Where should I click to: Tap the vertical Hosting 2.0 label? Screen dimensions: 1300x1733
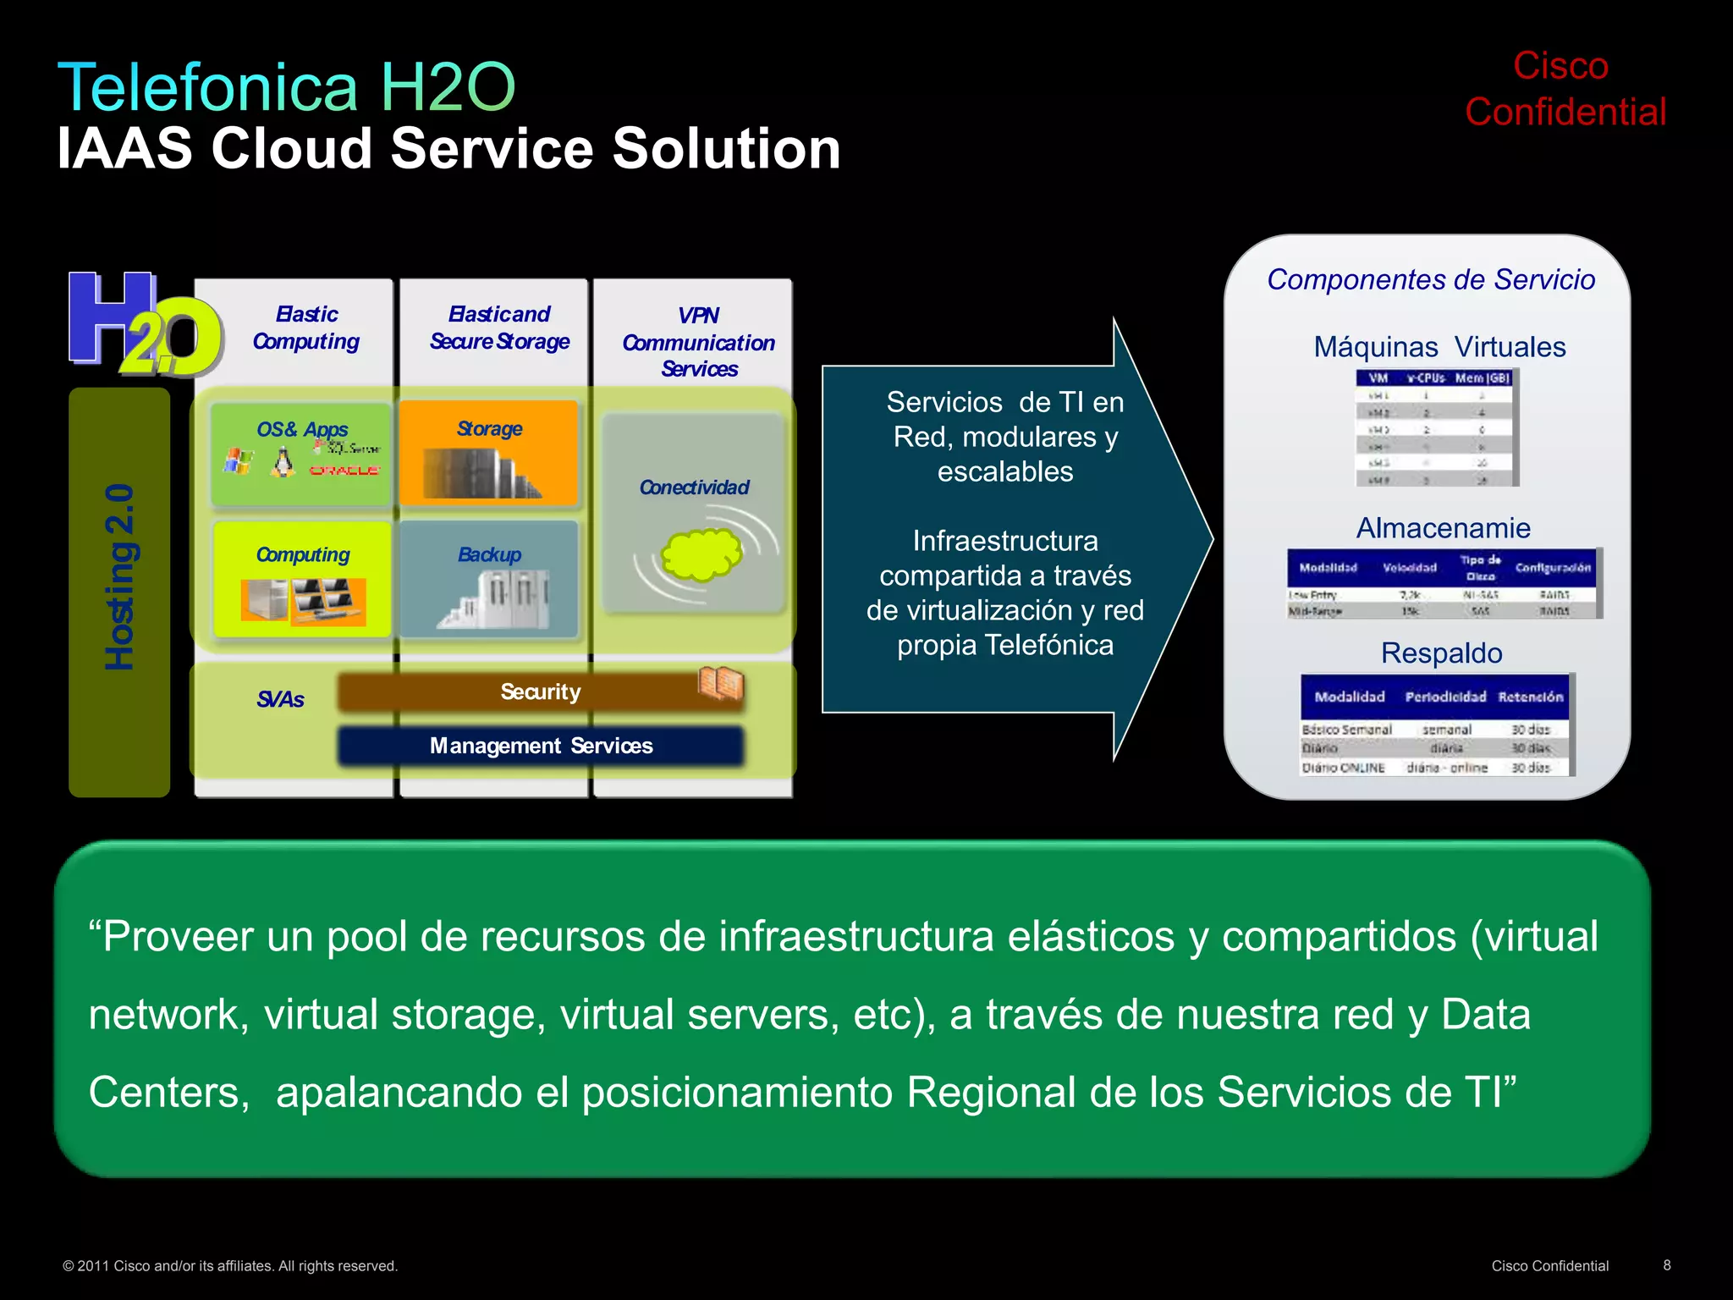click(119, 577)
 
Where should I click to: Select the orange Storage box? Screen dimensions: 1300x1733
click(488, 453)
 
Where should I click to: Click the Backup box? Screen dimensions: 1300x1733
click(488, 579)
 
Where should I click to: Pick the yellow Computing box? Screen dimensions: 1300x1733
click(302, 579)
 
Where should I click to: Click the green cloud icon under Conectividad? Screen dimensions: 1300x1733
click(701, 554)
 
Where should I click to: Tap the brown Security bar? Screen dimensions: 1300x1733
click(540, 691)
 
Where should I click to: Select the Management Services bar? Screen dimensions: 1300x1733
click(540, 746)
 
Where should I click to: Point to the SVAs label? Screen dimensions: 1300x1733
click(280, 699)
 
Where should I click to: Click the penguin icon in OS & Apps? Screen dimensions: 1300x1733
click(283, 462)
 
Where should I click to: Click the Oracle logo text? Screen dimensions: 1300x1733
click(344, 470)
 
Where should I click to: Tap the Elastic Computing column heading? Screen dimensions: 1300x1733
click(305, 328)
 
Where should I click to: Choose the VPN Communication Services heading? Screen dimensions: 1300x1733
click(698, 342)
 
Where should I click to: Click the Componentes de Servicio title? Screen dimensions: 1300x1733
click(1430, 279)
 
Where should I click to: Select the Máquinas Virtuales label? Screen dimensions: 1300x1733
click(1439, 347)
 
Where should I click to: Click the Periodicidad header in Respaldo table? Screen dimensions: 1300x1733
click(1444, 697)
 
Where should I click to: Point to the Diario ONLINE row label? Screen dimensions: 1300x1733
click(1343, 768)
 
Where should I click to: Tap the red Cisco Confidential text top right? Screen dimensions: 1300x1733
click(1564, 89)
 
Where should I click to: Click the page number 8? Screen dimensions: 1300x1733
click(1666, 1264)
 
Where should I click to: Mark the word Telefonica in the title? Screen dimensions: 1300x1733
click(207, 87)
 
